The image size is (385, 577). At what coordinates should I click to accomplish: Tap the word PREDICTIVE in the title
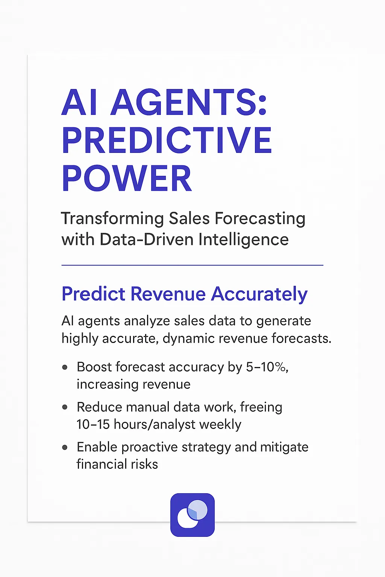point(167,140)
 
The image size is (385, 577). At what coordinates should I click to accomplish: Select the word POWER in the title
point(127,179)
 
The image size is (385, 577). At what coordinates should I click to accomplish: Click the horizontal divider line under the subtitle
point(192,265)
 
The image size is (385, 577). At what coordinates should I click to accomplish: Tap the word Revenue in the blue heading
point(168,294)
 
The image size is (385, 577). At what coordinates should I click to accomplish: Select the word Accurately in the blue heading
point(259,294)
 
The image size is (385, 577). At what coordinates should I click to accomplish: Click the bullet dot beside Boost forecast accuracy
point(65,367)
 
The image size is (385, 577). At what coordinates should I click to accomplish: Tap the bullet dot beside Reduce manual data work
point(65,407)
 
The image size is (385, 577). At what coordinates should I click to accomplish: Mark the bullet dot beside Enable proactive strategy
point(65,447)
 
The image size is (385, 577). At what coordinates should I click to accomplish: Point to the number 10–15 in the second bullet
point(93,424)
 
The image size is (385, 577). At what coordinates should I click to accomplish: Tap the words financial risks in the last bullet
point(117,464)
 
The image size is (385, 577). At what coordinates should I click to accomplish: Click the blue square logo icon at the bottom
point(192,515)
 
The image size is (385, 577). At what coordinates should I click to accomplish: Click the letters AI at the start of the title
point(80,102)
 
